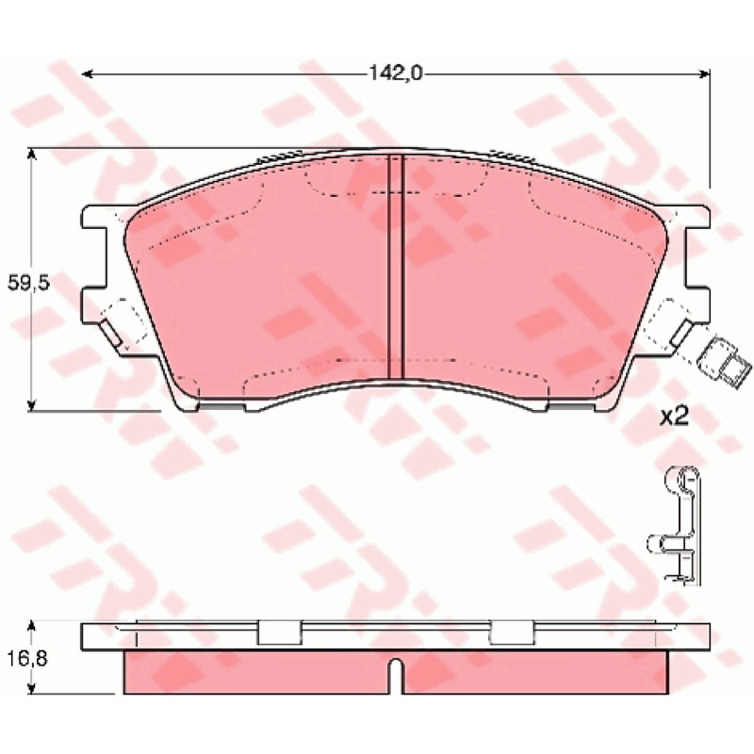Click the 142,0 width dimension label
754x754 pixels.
pos(395,74)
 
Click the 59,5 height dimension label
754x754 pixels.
pos(29,283)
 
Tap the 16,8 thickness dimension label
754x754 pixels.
pos(27,658)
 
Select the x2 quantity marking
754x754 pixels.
pos(673,417)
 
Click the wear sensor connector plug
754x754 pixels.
pos(717,362)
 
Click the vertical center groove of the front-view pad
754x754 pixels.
pos(395,266)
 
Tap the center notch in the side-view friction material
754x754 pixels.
pos(395,676)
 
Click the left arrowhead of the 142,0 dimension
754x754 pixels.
pos(87,74)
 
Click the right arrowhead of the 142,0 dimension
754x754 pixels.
pos(704,74)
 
